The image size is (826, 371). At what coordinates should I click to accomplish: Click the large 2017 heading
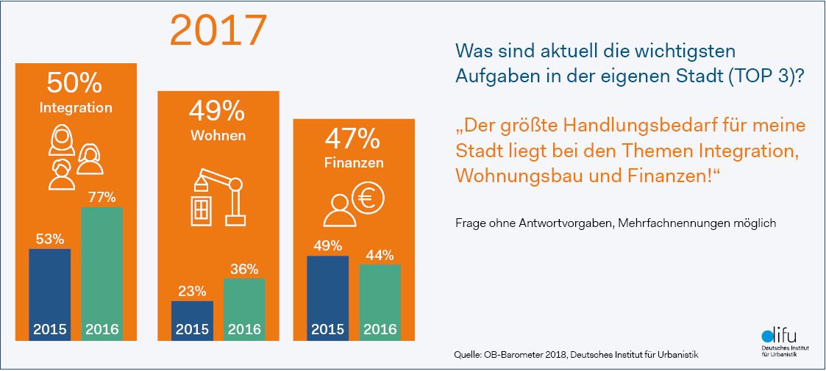[x=218, y=30]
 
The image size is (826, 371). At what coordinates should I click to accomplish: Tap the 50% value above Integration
[x=75, y=82]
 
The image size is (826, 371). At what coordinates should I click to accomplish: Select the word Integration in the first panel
[x=76, y=107]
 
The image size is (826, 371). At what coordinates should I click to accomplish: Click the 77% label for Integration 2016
[x=102, y=198]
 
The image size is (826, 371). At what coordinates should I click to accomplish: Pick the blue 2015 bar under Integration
[x=50, y=294]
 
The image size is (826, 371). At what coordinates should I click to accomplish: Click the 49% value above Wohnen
[x=217, y=111]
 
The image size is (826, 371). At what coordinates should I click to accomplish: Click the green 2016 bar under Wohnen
[x=243, y=309]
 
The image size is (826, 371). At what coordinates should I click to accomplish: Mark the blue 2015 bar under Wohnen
[x=192, y=320]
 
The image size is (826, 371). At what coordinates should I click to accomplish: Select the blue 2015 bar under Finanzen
[x=327, y=298]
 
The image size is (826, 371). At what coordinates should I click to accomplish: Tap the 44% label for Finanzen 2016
[x=380, y=255]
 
